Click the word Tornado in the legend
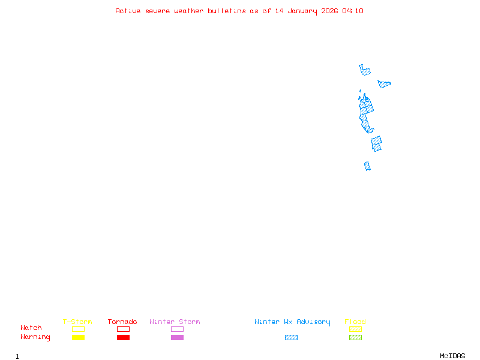[x=122, y=322]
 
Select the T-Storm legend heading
[x=77, y=322]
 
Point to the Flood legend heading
[x=355, y=322]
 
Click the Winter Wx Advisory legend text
[x=292, y=322]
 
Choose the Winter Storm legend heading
[x=175, y=322]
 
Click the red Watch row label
[x=31, y=328]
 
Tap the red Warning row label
[x=35, y=337]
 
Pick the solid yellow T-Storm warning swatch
[x=78, y=338]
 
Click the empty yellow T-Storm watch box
[x=78, y=329]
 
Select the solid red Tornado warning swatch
[x=123, y=338]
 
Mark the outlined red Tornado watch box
[x=123, y=329]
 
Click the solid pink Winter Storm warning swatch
[x=177, y=338]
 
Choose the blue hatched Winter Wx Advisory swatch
[x=291, y=338]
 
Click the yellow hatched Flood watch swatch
[x=355, y=329]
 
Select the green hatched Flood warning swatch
[x=355, y=338]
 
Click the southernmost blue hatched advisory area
[x=367, y=166]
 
